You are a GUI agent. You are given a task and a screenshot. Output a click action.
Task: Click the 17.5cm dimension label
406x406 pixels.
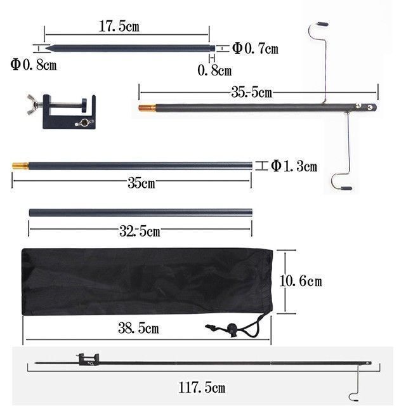[119, 27]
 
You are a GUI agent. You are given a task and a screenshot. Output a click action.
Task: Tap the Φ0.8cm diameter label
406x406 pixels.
[34, 65]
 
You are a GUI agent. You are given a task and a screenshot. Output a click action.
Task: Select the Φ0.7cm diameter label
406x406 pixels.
[255, 48]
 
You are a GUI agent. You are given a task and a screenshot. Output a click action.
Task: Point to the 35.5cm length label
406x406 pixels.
[252, 92]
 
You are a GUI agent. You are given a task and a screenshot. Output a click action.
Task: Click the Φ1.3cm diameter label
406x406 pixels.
[294, 166]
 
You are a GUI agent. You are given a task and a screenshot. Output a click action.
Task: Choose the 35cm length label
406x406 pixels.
[141, 183]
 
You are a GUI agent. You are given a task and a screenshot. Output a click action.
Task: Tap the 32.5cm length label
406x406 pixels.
[140, 231]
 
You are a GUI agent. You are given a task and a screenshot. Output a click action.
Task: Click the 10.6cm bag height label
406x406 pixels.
[301, 281]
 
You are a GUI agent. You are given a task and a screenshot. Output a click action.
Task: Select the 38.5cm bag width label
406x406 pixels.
[138, 328]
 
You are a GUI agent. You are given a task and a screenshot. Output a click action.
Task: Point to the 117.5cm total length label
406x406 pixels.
[202, 388]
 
